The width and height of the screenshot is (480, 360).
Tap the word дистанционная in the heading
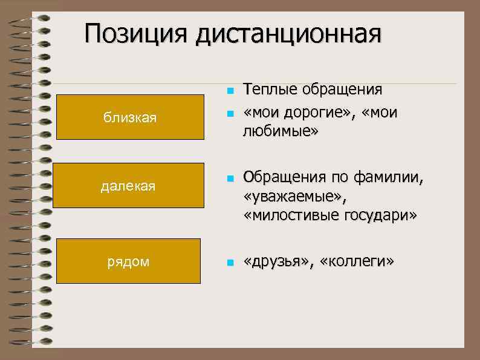click(288, 35)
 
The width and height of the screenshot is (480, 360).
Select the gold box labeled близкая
click(129, 117)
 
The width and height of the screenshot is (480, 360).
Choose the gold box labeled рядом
click(128, 261)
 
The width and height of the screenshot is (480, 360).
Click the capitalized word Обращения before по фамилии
click(284, 178)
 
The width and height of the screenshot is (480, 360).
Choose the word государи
click(381, 215)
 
